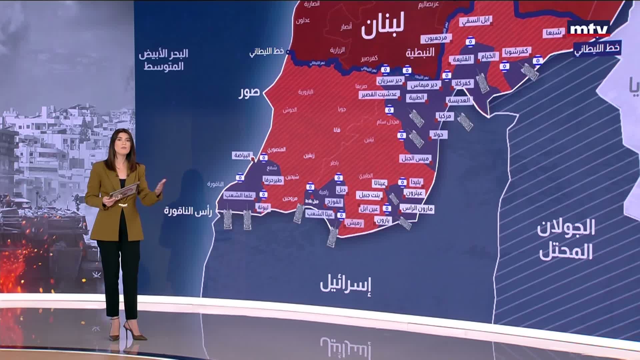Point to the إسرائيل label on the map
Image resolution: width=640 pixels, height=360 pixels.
pos(346,284)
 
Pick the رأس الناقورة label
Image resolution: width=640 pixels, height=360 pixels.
pos(188,211)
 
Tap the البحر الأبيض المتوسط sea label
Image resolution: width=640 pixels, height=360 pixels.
pos(164,59)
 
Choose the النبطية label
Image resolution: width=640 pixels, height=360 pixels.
pos(420,52)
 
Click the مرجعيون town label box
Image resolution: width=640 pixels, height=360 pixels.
pos(436,38)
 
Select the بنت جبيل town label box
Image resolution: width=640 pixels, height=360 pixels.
pos(369,195)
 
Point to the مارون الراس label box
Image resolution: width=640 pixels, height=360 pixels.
pos(417,209)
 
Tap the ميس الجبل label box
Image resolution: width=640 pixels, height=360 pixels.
pos(415,158)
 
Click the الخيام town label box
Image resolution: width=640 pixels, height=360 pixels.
pos(488,56)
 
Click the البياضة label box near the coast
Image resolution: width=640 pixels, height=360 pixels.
pos(242,155)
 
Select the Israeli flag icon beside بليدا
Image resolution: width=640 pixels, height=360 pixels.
pos(402,182)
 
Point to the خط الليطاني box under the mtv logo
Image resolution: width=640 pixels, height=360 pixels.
pos(597,48)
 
